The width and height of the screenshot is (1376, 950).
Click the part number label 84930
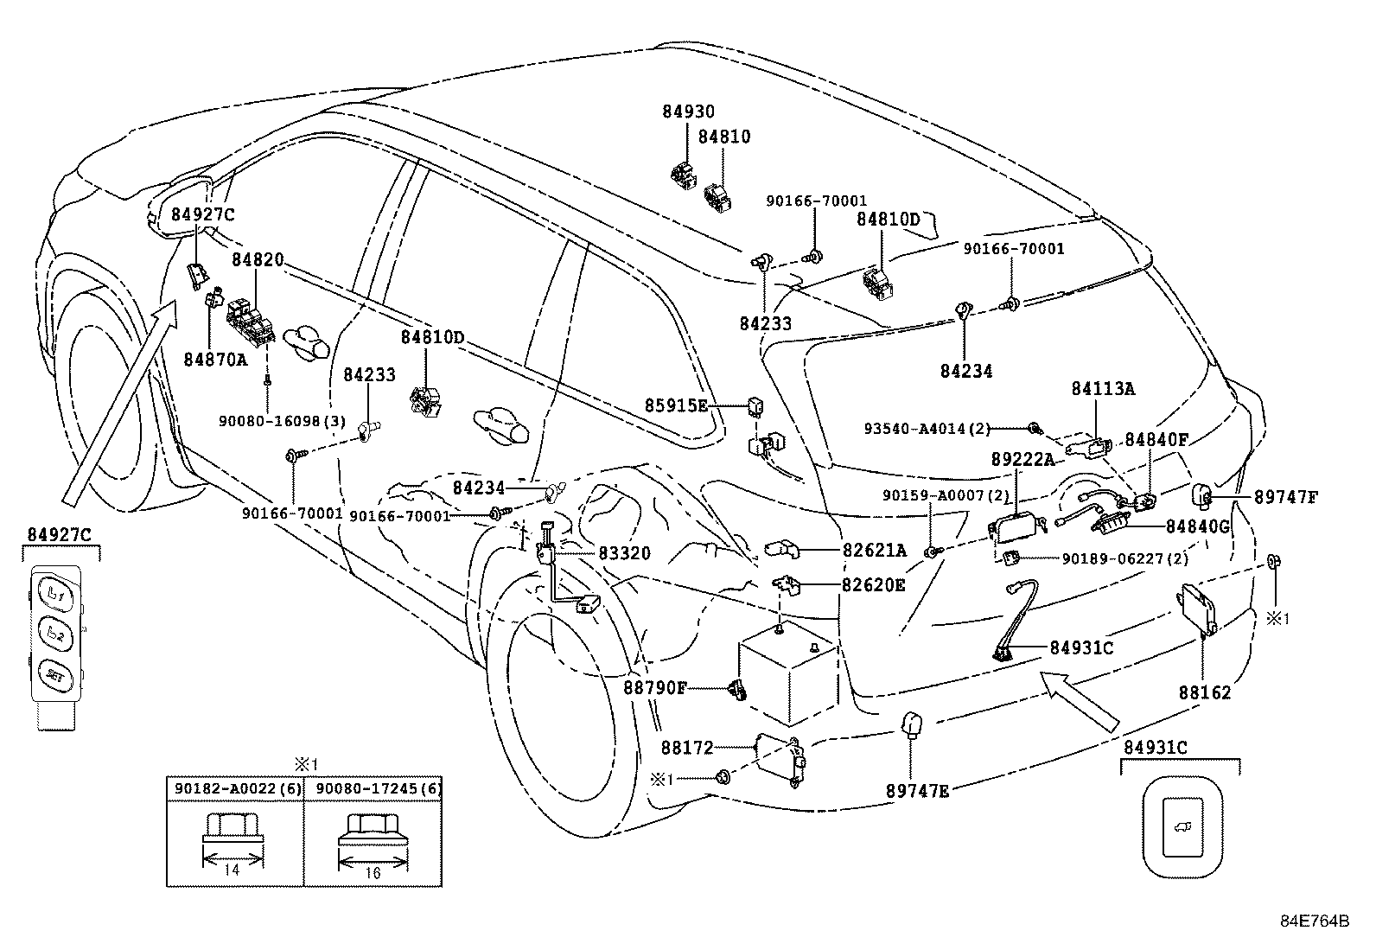tap(689, 112)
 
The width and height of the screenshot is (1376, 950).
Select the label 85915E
tap(676, 405)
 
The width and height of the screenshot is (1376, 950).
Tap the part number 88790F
tap(654, 688)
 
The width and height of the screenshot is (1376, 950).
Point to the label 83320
tap(623, 553)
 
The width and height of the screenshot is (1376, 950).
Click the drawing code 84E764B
tap(1315, 921)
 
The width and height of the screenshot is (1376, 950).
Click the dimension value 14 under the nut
tap(232, 870)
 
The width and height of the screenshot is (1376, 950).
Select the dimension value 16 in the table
tap(373, 873)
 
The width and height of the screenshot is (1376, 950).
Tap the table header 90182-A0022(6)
tap(234, 788)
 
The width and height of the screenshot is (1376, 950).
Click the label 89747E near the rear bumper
tap(916, 789)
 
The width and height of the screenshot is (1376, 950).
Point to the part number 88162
tap(1204, 692)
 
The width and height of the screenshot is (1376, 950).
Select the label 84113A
tap(1103, 390)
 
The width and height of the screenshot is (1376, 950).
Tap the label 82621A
tap(874, 550)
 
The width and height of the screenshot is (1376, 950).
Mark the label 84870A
tap(215, 360)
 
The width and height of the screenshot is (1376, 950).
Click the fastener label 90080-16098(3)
tap(282, 421)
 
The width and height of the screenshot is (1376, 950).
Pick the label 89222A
tap(1022, 461)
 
